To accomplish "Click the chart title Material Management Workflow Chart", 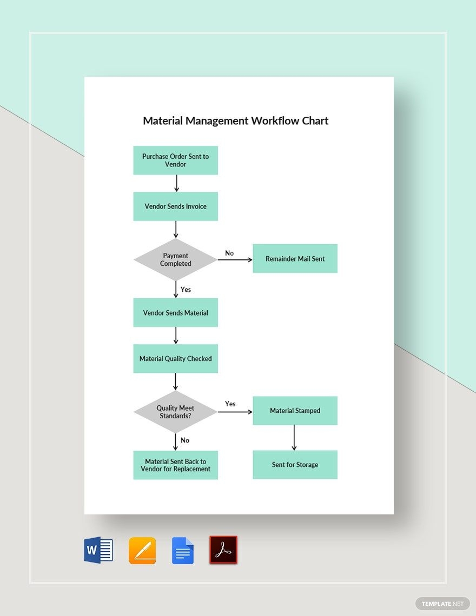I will (235, 120).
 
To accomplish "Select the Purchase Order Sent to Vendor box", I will (175, 160).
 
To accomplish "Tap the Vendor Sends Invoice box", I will (175, 206).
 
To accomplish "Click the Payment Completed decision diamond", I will (175, 259).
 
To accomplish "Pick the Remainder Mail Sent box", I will (295, 258).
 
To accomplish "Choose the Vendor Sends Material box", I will (175, 312).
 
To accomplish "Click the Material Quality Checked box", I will (175, 358).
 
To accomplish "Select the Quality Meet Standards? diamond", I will (175, 412).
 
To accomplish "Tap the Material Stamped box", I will (295, 411).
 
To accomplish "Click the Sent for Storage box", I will (295, 465).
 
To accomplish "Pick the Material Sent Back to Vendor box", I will (175, 465).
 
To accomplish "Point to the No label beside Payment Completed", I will (229, 253).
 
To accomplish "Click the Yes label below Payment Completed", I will (186, 290).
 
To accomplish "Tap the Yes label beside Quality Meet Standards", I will (230, 404).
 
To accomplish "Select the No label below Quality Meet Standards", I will (185, 440).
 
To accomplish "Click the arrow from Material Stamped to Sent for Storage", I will (294, 437).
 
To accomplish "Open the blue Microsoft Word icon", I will (98, 550).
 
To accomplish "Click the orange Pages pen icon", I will (142, 551).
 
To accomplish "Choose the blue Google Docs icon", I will (183, 551).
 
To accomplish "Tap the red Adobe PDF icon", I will (223, 550).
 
